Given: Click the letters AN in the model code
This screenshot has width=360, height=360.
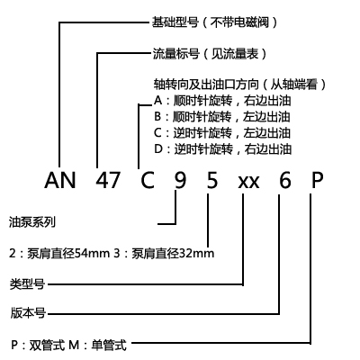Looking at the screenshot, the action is (x=59, y=180).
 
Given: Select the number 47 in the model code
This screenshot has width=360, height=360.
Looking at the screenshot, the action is (x=108, y=180).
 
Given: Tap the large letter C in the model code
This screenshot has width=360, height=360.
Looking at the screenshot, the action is (x=148, y=180).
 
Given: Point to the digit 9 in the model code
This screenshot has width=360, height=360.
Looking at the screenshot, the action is (x=180, y=180).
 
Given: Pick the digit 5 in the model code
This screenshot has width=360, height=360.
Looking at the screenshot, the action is (x=212, y=180).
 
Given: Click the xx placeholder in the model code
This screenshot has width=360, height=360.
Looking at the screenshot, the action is (x=248, y=182).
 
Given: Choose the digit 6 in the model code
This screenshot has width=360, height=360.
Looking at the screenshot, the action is (x=285, y=180).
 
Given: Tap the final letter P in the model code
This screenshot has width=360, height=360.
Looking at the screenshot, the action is (x=318, y=180).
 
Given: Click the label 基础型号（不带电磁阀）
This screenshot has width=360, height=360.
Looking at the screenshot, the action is (x=215, y=22).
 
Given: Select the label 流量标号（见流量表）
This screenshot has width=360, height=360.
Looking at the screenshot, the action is (x=210, y=54).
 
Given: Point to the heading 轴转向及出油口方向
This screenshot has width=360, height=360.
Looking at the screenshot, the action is (x=206, y=85).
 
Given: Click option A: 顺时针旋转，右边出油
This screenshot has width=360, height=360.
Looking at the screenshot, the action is (x=222, y=101).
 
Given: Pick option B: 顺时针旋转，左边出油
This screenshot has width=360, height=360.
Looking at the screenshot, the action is (x=222, y=117).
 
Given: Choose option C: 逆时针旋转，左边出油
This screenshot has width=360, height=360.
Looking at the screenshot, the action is (x=222, y=133).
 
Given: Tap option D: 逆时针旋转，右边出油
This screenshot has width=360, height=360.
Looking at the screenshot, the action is (x=222, y=149).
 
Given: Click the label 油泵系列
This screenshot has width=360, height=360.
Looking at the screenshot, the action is (x=32, y=222).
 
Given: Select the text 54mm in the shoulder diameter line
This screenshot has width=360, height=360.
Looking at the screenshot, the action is (x=92, y=254).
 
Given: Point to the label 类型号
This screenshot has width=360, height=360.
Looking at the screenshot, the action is (x=27, y=283).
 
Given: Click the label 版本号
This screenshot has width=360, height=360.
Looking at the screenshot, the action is (x=28, y=313).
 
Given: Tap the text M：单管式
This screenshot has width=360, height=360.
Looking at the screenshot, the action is (x=98, y=345).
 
